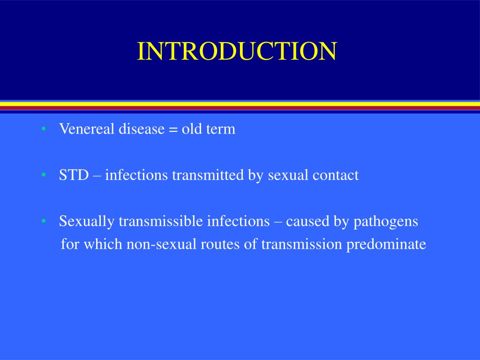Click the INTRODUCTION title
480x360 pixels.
coord(237,52)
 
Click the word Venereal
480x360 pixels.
coord(87,129)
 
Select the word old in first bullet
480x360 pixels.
coord(191,129)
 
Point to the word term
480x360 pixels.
coord(220,129)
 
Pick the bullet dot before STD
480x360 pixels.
coord(43,175)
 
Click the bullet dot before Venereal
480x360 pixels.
coord(43,129)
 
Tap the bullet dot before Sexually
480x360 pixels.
coord(43,221)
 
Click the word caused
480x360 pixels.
coord(307,221)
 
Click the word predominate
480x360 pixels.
coord(386,244)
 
